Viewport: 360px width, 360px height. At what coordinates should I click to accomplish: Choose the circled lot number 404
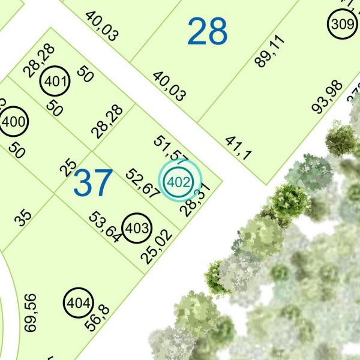pos(79,302)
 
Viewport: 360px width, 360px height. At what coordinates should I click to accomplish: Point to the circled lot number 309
pos(342,25)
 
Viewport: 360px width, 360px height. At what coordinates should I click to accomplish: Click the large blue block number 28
pos(208,32)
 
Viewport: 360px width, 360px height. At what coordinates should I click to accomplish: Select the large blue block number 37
pos(93,183)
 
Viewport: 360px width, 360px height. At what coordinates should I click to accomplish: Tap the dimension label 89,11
pos(270,51)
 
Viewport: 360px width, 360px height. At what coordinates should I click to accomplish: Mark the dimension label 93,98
pos(328,97)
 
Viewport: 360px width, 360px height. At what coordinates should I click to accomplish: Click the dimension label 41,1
pos(238,148)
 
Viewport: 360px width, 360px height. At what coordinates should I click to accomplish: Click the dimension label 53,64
pos(105,226)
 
